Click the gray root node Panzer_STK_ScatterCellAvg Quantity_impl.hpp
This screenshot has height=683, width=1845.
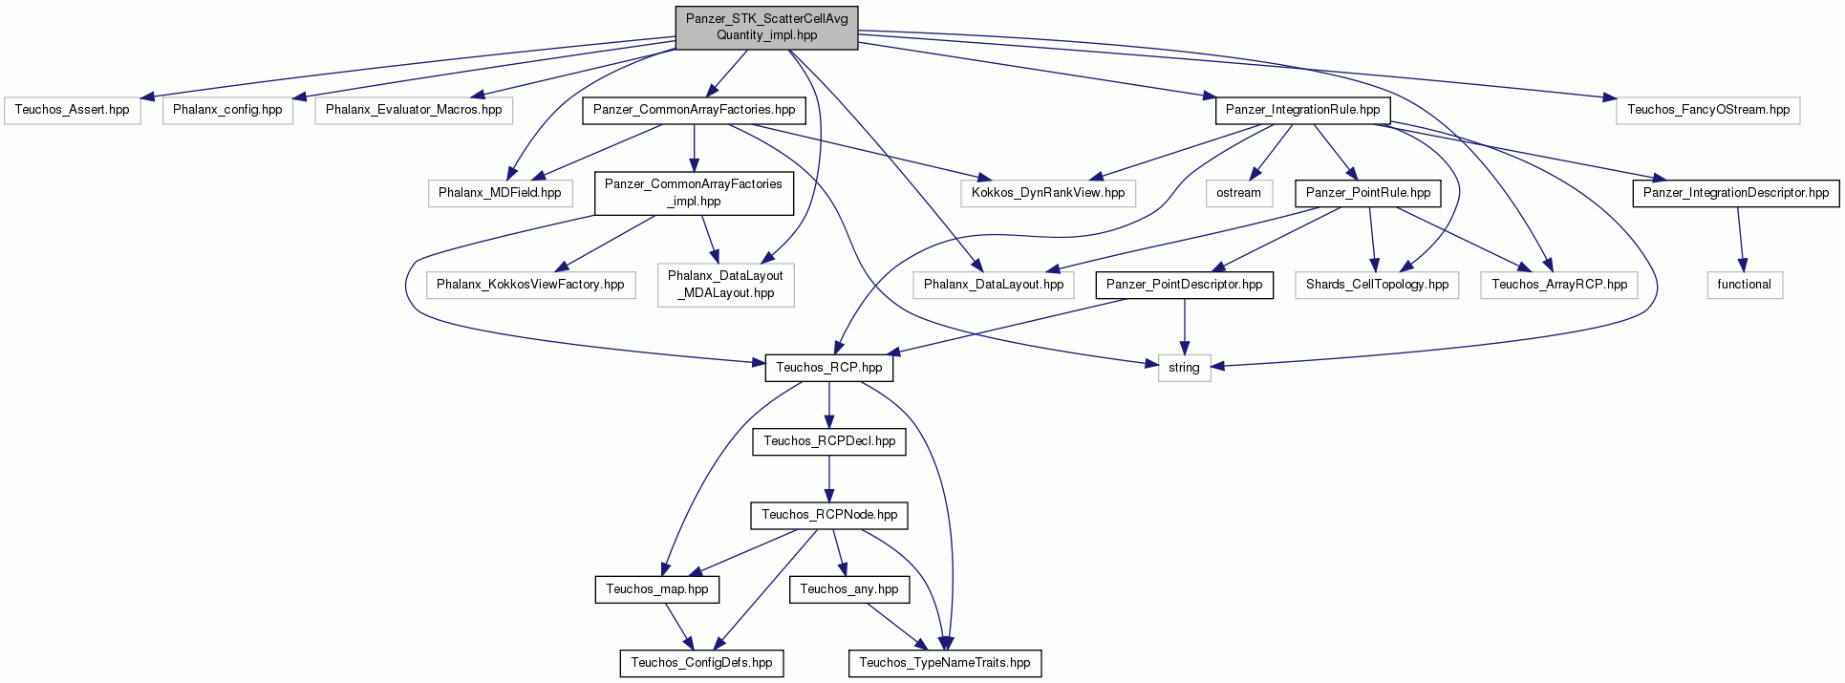point(766,27)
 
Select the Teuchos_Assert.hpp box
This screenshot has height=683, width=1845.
point(72,110)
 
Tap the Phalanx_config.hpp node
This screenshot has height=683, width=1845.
point(227,110)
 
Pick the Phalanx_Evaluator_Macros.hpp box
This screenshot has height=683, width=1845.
point(414,110)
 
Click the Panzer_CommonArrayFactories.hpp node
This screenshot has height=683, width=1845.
point(694,110)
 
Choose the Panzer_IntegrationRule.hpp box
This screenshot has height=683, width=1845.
point(1302,110)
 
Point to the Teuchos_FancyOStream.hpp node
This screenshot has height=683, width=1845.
point(1708,110)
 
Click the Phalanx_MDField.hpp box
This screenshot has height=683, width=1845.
point(500,193)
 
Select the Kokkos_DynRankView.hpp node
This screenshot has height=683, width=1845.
point(1048,193)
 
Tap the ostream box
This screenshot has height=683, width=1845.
point(1238,193)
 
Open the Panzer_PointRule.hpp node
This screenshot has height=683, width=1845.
point(1368,193)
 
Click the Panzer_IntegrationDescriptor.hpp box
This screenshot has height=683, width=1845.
point(1736,193)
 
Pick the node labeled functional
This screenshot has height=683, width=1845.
point(1744,285)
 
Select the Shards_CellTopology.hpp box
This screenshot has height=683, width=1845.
point(1377,285)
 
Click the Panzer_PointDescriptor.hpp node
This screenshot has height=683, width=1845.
point(1184,285)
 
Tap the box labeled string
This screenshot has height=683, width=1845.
point(1184,368)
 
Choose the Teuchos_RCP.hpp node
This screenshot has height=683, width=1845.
point(828,368)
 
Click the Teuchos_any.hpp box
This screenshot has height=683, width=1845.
point(848,589)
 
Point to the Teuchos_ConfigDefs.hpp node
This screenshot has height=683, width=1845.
point(701,663)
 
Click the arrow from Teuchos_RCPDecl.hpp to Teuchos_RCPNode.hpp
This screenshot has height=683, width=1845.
point(828,479)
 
